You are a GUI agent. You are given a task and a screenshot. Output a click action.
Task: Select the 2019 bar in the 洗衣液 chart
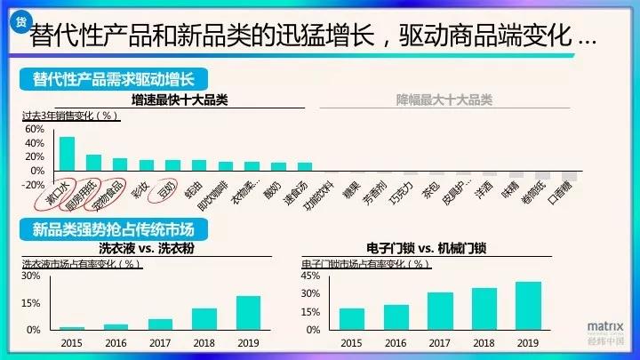pos(248,312)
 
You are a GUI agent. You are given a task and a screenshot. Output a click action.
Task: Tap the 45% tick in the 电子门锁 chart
pos(310,276)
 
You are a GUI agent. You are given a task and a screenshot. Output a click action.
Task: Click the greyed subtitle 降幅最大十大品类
pos(444,100)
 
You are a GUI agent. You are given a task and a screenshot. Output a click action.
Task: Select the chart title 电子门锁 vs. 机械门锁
pos(428,248)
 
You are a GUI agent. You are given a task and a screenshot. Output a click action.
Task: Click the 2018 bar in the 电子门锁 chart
pos(484,308)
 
